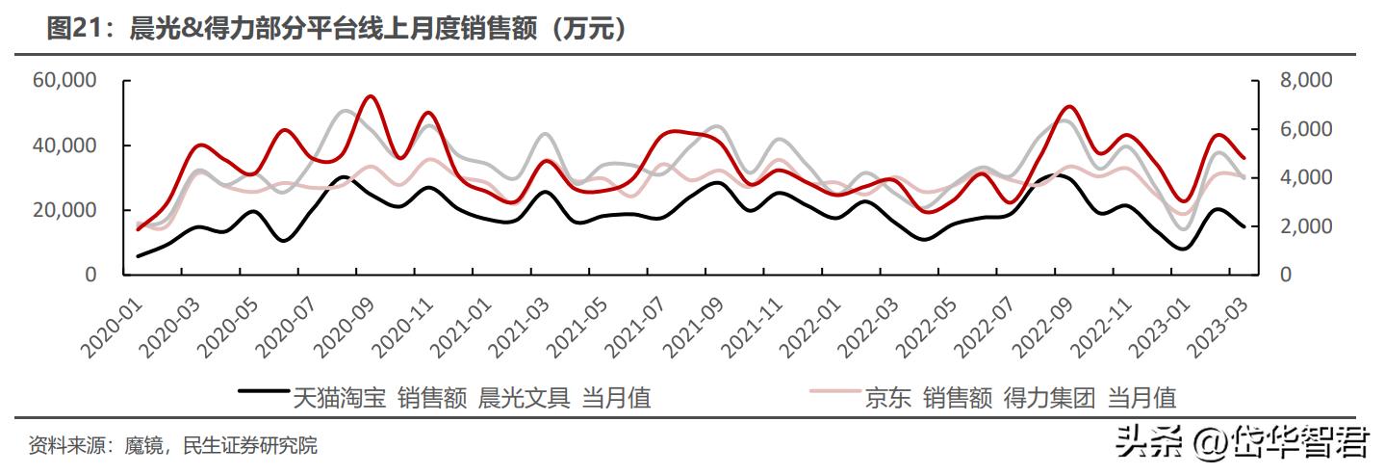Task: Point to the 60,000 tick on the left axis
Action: (64, 81)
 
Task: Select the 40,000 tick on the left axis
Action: (64, 145)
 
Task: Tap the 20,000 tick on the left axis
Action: (64, 210)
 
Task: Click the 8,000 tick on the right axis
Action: (1299, 81)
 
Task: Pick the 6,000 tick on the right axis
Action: (1299, 129)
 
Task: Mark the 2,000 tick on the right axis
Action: (1299, 226)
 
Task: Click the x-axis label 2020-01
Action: (111, 323)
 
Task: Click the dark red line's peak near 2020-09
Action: (372, 96)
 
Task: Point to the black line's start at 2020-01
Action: (139, 256)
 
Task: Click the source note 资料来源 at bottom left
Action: (172, 445)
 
